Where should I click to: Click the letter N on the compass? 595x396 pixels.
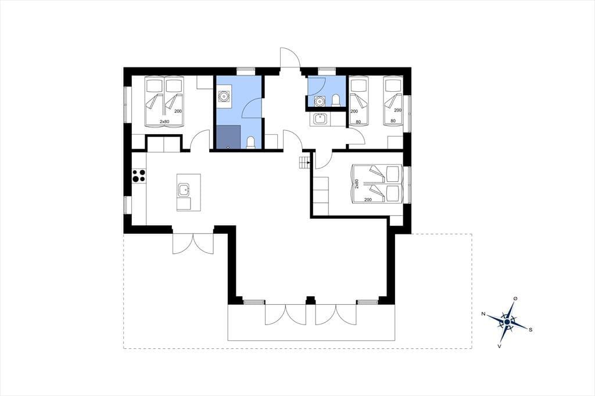click(x=483, y=314)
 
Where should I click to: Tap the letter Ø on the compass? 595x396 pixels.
click(x=515, y=299)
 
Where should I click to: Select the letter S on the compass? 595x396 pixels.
click(x=531, y=330)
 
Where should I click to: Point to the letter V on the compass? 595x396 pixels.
click(x=499, y=345)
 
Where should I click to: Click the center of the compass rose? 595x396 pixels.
click(x=507, y=322)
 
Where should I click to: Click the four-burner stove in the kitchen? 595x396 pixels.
click(x=138, y=176)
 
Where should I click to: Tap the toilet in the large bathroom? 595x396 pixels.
click(x=250, y=142)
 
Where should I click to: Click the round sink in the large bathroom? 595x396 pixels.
click(x=224, y=97)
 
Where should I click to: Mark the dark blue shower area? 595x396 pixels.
click(x=228, y=136)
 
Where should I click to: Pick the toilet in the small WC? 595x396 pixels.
click(x=335, y=100)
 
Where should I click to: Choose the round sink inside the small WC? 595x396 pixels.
click(x=320, y=101)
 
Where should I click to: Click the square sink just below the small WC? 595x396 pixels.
click(x=321, y=119)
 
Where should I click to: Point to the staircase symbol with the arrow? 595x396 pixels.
click(x=304, y=163)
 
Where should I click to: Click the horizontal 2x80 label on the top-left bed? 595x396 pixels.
click(x=164, y=122)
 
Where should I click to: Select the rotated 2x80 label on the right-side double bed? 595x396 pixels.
click(x=357, y=184)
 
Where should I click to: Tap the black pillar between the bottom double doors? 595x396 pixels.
click(x=310, y=300)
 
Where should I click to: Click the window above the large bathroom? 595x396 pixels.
click(x=246, y=70)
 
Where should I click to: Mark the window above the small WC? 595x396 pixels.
click(x=327, y=70)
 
